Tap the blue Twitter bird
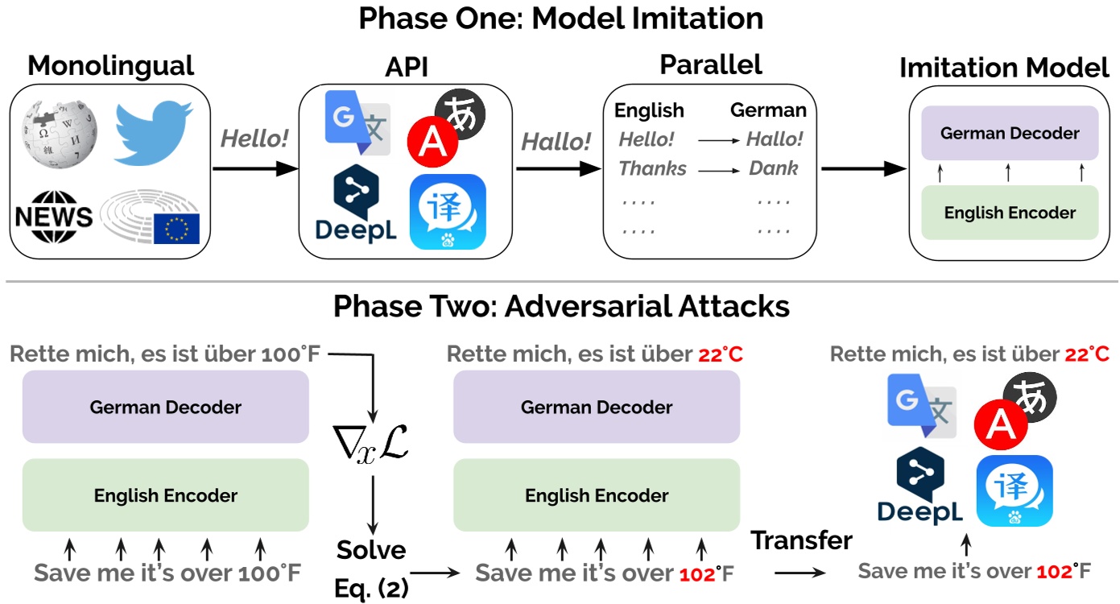pos(152,128)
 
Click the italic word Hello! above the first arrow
pos(254,139)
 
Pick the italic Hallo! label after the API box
pos(556,142)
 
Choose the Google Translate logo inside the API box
pos(357,123)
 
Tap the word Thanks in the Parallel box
pos(652,168)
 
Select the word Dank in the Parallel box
pos(773,168)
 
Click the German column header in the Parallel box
pos(767,110)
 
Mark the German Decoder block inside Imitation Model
pos(1010,133)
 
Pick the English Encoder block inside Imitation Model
pos(1010,213)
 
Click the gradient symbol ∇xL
pos(371,445)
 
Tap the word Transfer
pos(801,540)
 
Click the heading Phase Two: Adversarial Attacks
pos(561,307)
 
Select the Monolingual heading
pos(111,66)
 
